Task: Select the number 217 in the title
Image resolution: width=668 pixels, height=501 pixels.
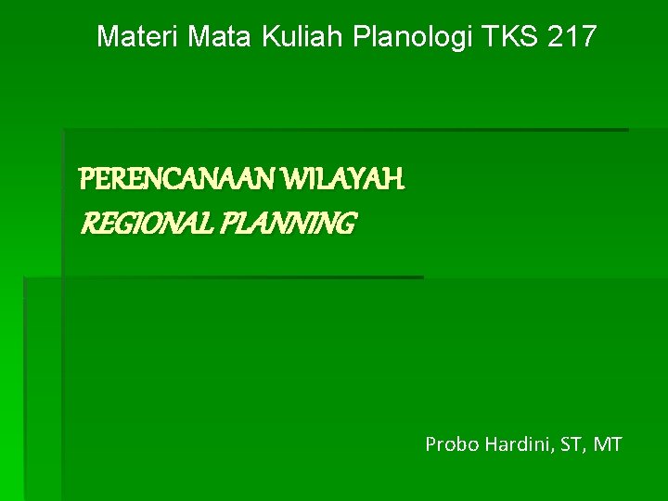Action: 573,37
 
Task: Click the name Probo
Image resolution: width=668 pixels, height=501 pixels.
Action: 448,444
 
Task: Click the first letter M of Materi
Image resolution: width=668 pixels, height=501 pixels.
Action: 108,37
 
